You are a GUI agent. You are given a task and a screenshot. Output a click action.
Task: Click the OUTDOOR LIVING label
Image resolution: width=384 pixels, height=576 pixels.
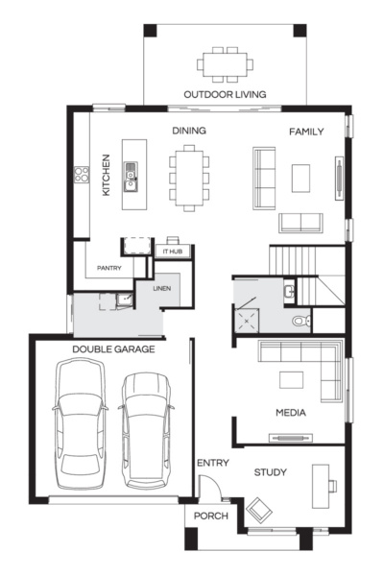tap(227, 94)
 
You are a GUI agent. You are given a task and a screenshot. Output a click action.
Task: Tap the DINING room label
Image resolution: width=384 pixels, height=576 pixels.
tap(189, 131)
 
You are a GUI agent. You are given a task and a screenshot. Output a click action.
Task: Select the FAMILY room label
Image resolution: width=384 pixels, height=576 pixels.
tap(306, 132)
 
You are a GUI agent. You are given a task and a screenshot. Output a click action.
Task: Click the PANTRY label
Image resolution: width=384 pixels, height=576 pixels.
tap(109, 268)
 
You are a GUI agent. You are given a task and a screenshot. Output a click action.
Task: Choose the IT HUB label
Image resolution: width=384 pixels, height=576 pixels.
tap(174, 252)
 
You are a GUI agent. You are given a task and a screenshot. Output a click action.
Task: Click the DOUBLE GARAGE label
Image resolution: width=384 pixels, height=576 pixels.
tap(113, 349)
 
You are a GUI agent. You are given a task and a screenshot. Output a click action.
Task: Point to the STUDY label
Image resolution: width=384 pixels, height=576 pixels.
tap(271, 472)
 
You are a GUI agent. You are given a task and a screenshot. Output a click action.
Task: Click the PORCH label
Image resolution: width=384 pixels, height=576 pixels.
tap(210, 516)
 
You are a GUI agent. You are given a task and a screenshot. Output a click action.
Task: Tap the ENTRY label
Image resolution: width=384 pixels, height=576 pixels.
tap(212, 463)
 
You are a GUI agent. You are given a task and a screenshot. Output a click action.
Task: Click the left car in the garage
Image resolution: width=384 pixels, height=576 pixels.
tap(80, 422)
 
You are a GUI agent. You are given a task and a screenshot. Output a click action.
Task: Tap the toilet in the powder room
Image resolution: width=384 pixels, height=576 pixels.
tap(300, 320)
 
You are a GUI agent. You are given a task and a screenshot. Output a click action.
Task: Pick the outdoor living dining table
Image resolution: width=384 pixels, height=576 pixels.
tap(227, 64)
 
